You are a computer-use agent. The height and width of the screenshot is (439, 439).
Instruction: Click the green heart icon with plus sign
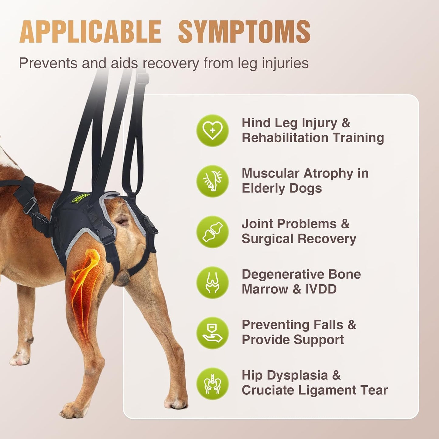(x=212, y=131)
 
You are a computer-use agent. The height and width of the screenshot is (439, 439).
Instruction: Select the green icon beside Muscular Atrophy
(x=212, y=181)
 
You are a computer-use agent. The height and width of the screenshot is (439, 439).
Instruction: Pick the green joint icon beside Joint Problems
(x=212, y=232)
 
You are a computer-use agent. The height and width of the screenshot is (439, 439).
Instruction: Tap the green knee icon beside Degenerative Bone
(x=212, y=282)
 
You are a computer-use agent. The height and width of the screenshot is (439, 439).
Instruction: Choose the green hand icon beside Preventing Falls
(x=212, y=333)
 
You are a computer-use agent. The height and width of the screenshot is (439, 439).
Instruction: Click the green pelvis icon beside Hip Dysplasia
(x=212, y=383)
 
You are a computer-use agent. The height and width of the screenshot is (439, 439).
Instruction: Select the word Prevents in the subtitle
(x=47, y=63)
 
